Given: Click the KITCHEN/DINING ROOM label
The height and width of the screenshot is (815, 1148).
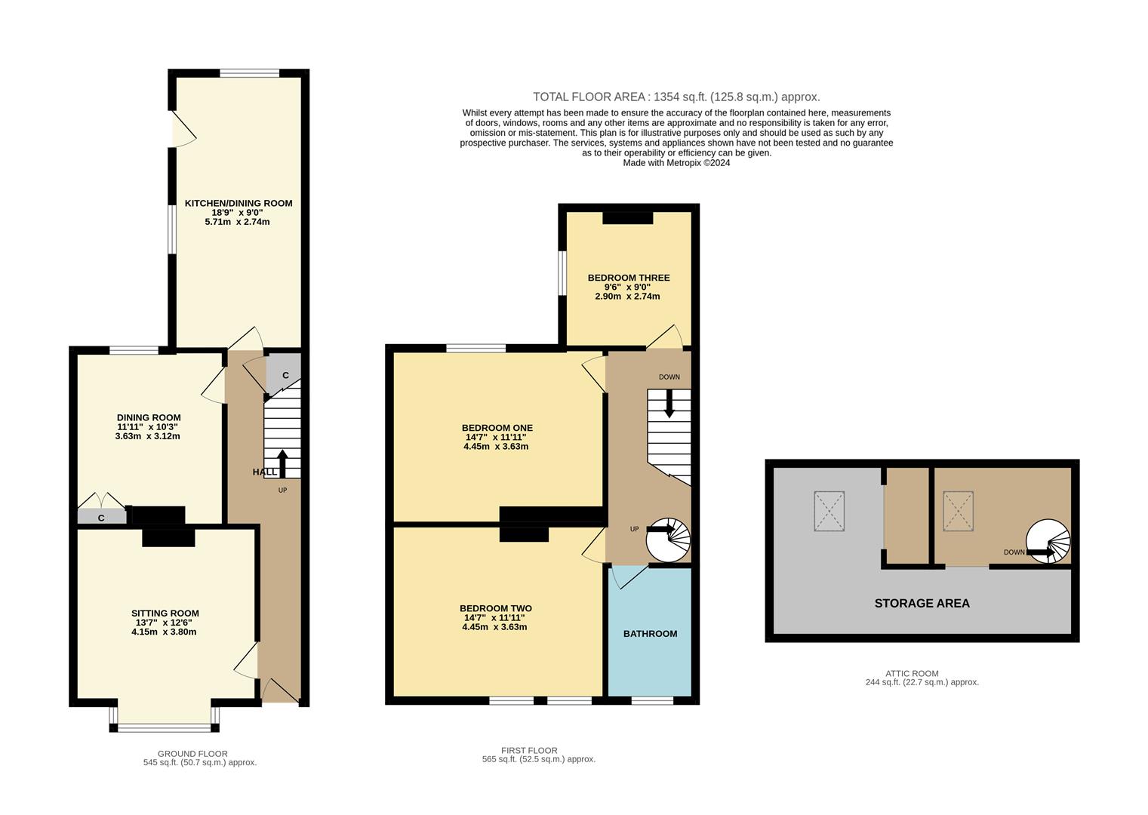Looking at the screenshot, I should click(x=239, y=203).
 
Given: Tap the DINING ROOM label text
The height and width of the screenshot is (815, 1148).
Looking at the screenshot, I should click(x=149, y=417).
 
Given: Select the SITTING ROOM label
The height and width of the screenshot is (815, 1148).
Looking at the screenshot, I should click(x=165, y=614).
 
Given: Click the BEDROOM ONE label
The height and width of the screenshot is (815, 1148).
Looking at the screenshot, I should click(x=497, y=428).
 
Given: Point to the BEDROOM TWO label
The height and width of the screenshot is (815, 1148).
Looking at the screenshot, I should click(x=495, y=608).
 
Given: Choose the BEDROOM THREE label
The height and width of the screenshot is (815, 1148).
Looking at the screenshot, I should click(x=628, y=278).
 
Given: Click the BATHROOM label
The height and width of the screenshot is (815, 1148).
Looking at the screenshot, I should click(x=650, y=634).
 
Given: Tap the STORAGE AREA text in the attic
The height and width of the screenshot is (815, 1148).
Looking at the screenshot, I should click(x=922, y=603).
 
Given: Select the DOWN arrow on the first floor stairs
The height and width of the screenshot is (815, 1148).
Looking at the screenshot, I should click(x=669, y=403).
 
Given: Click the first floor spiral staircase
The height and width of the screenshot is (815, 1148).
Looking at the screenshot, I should click(x=669, y=540).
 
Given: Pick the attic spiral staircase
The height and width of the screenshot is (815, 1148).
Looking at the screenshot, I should click(x=1048, y=541).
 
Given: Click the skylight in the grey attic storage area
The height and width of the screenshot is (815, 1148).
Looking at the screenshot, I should click(x=829, y=511).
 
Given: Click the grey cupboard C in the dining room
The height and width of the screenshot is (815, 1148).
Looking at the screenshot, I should click(x=101, y=517).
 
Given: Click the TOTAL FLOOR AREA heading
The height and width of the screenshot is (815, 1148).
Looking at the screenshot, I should click(x=676, y=97).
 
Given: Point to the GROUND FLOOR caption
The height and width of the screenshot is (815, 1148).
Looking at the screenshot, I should click(x=192, y=753).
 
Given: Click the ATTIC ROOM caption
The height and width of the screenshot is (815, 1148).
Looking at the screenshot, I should click(x=912, y=673).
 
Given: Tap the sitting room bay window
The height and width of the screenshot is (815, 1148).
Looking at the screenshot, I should click(x=165, y=727).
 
